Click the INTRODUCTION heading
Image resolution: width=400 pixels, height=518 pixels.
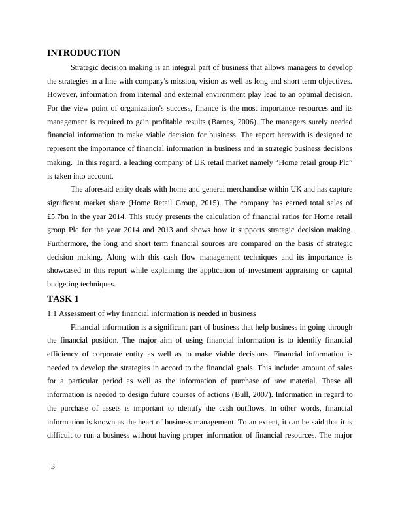84,53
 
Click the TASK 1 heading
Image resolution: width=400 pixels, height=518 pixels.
63,299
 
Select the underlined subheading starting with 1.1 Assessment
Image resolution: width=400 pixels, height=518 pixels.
151,313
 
